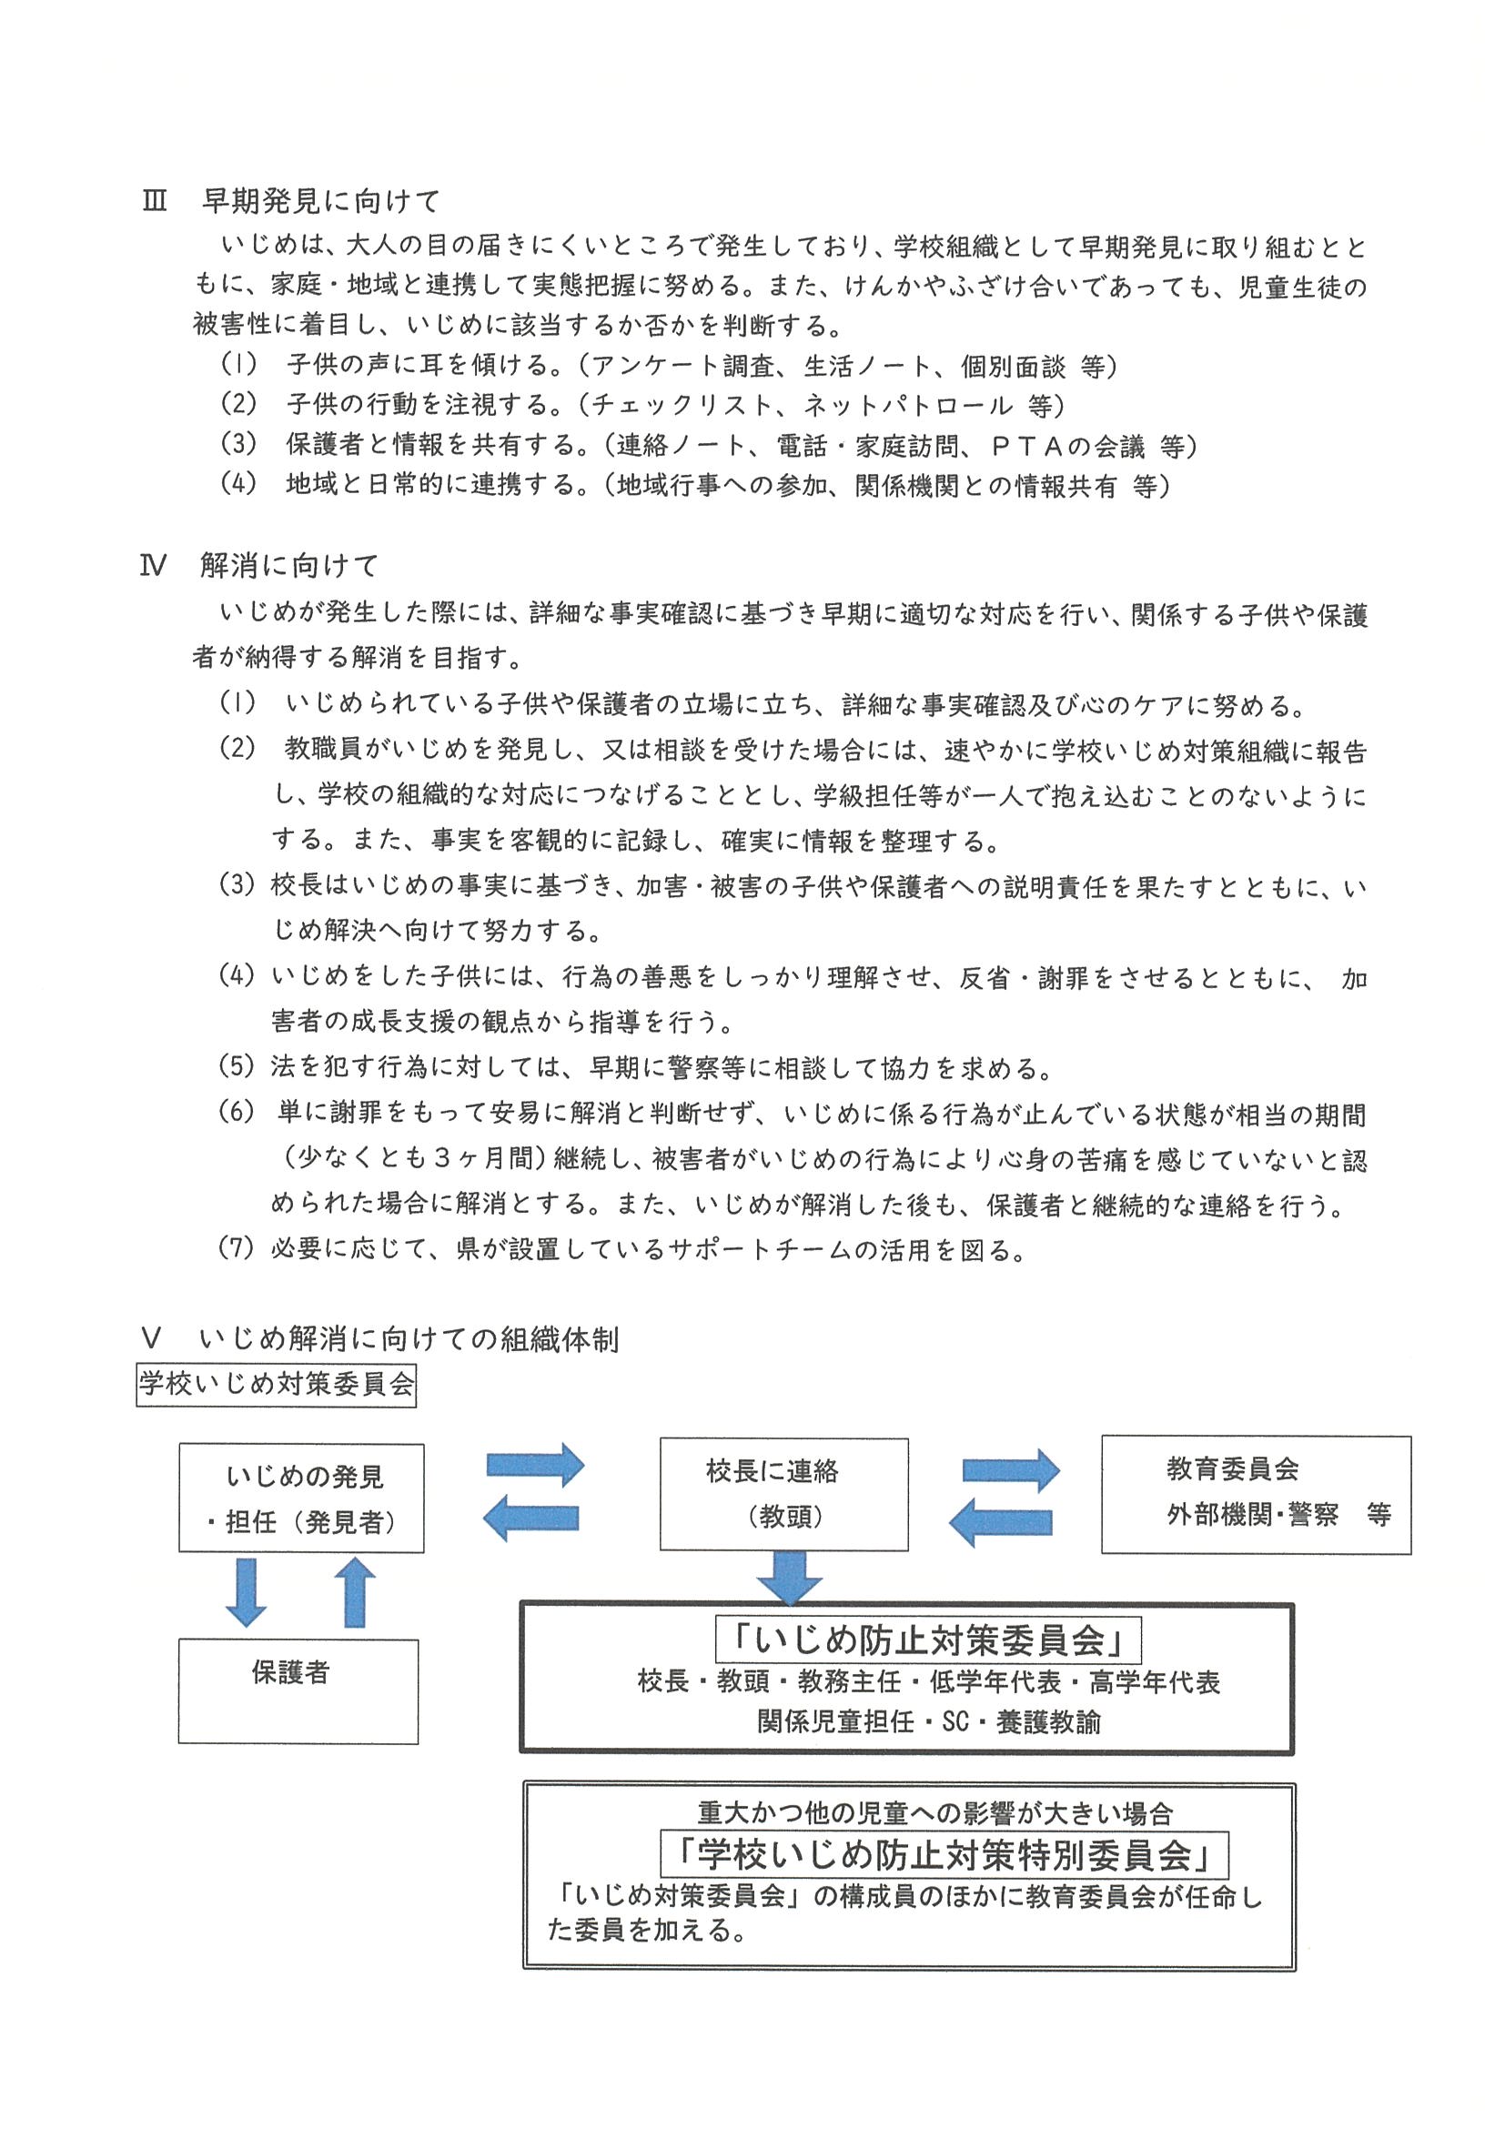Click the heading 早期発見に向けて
[x=321, y=200]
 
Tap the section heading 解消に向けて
[x=289, y=566]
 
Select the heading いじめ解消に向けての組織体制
[x=409, y=1339]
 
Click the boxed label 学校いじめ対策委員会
[x=277, y=1385]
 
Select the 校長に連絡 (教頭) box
[x=783, y=1494]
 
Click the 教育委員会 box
[x=1256, y=1494]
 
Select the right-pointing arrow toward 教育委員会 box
[x=1011, y=1469]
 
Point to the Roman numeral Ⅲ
[x=154, y=201]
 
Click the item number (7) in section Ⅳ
[x=236, y=1248]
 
